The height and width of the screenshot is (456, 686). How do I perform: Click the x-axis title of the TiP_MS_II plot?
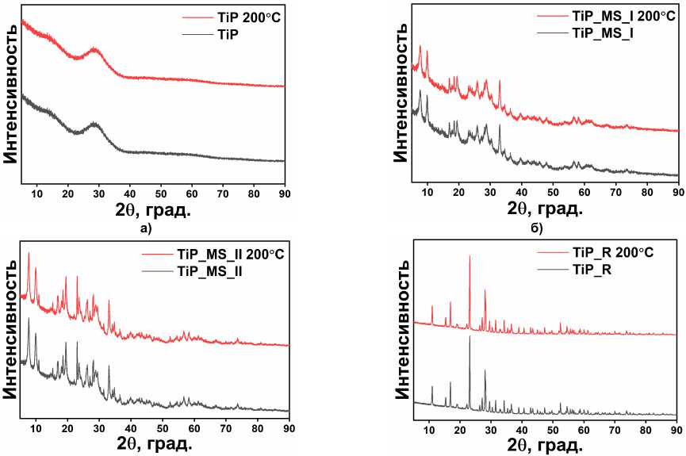pyautogui.click(x=154, y=445)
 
